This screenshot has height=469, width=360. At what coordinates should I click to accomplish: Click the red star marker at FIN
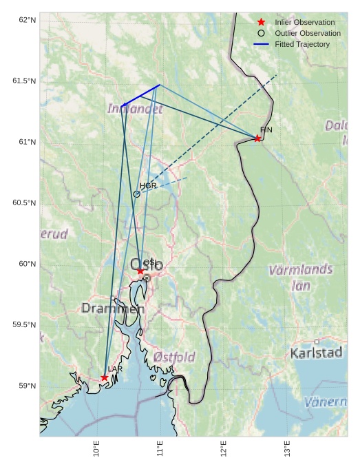point(257,138)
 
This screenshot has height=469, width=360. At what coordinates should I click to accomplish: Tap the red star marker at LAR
point(104,377)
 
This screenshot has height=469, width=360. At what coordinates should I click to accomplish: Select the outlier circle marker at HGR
point(136,194)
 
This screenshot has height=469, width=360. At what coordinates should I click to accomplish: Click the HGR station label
point(148,186)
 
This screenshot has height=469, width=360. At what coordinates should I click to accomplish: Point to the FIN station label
point(266,130)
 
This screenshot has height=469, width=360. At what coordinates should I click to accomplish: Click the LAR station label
point(115,370)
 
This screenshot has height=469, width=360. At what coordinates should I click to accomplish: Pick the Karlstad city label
point(316,353)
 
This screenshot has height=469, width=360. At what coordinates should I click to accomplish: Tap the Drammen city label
point(113,309)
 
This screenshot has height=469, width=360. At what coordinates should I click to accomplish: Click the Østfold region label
point(174,357)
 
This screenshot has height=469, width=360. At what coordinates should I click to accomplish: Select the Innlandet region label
point(135,109)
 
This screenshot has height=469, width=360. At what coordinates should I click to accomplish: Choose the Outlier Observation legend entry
point(307,33)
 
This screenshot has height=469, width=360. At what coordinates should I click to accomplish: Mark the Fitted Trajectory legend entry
point(301,44)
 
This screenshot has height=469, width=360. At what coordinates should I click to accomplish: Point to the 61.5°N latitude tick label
point(24,81)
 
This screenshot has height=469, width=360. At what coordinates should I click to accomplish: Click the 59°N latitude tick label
point(27,386)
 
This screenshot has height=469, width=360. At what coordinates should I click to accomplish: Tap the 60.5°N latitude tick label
point(24,203)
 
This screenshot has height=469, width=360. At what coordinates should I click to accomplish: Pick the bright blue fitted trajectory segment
point(141,95)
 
